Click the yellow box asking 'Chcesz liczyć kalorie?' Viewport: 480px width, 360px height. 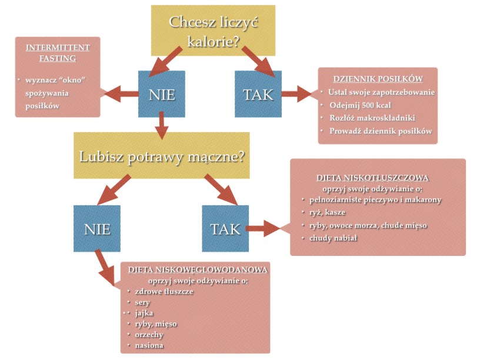click(x=213, y=31)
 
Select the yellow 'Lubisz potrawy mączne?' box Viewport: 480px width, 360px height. click(x=161, y=156)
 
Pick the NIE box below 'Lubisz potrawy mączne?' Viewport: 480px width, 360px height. click(x=97, y=228)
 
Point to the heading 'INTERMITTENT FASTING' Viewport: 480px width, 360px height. click(x=58, y=52)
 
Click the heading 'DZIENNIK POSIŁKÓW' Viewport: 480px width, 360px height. click(x=378, y=78)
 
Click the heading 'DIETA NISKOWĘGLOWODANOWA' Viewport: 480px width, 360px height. click(x=199, y=269)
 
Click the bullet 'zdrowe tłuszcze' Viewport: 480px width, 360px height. click(x=164, y=291)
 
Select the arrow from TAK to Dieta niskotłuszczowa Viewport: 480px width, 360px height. click(x=265, y=228)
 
